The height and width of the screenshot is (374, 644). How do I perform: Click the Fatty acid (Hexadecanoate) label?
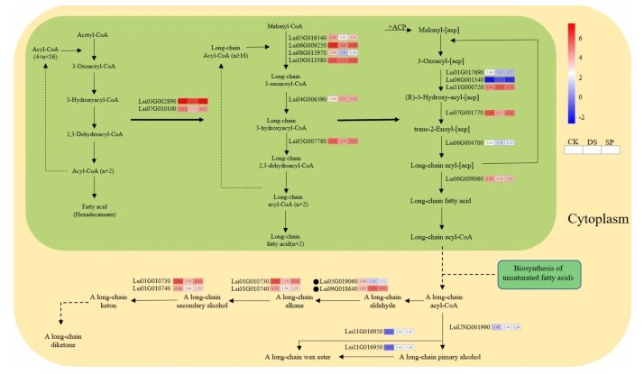(93, 210)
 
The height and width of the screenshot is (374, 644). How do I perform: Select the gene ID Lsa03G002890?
(156, 102)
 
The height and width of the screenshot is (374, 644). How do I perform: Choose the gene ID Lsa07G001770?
(464, 113)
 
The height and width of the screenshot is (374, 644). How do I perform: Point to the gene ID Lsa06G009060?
(464, 178)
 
